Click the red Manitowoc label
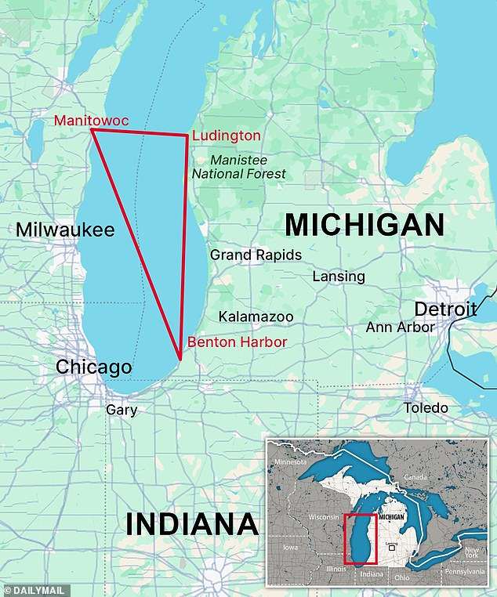coord(91,120)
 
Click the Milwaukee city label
coord(65,230)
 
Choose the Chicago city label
coord(93,367)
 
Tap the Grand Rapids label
coord(256,255)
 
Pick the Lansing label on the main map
coord(339,277)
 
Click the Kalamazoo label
coord(256,317)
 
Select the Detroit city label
coord(445,309)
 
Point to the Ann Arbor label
coord(400,327)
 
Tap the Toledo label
coord(426,408)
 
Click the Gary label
coord(122,410)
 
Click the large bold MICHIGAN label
coord(364,225)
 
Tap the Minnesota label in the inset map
coord(291,463)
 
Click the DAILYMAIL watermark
coord(35,589)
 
